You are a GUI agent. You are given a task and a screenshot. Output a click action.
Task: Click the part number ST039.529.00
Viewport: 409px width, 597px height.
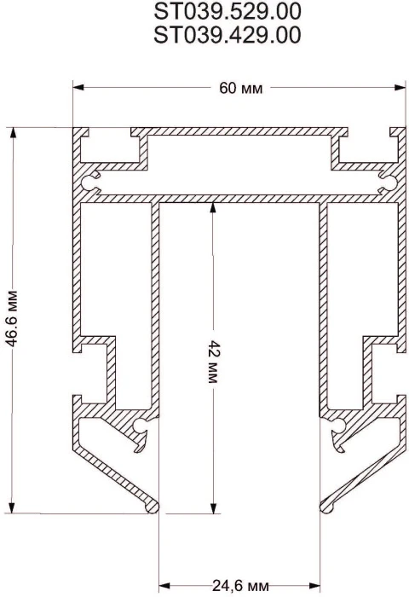click(x=228, y=11)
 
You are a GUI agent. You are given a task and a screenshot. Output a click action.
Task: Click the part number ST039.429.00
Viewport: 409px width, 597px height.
click(x=228, y=35)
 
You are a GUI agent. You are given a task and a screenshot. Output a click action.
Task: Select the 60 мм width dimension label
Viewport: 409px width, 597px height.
click(x=241, y=89)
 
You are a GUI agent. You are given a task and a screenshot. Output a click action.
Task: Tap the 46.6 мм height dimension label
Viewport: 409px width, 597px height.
click(x=12, y=318)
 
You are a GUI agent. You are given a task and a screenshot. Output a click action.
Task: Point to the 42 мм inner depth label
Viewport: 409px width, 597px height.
click(x=213, y=362)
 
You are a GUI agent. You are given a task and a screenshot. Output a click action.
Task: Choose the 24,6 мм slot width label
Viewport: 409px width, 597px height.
click(x=240, y=585)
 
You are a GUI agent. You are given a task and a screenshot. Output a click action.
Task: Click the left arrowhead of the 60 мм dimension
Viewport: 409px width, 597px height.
click(x=78, y=88)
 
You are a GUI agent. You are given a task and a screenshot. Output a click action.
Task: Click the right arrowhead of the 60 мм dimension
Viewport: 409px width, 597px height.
click(x=400, y=88)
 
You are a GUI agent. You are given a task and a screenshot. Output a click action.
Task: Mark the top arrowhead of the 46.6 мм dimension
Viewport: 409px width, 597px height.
click(x=12, y=133)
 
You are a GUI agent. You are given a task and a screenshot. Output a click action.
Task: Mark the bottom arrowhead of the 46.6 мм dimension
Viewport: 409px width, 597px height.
click(x=12, y=507)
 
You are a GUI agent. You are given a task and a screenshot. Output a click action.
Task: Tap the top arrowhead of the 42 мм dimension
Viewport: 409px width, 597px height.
click(x=213, y=208)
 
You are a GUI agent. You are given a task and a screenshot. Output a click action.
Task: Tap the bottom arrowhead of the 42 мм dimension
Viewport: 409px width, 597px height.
click(x=213, y=507)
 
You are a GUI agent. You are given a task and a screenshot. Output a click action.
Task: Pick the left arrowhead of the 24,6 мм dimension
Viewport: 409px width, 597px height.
click(x=164, y=585)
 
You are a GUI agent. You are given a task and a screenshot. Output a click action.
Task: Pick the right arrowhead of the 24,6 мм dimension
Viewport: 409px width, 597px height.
click(x=314, y=585)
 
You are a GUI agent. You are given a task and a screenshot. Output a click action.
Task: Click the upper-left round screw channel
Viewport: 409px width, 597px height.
click(x=89, y=183)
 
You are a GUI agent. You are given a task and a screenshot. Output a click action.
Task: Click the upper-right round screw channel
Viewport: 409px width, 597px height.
click(x=389, y=183)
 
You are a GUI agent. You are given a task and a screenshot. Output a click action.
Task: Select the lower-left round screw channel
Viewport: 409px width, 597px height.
click(x=141, y=426)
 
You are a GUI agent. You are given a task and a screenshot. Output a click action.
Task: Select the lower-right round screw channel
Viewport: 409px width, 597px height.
click(x=338, y=426)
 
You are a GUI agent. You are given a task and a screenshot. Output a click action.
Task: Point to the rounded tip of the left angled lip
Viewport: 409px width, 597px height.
click(x=153, y=507)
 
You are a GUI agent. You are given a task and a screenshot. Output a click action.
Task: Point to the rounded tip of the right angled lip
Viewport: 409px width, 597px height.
click(x=326, y=507)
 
